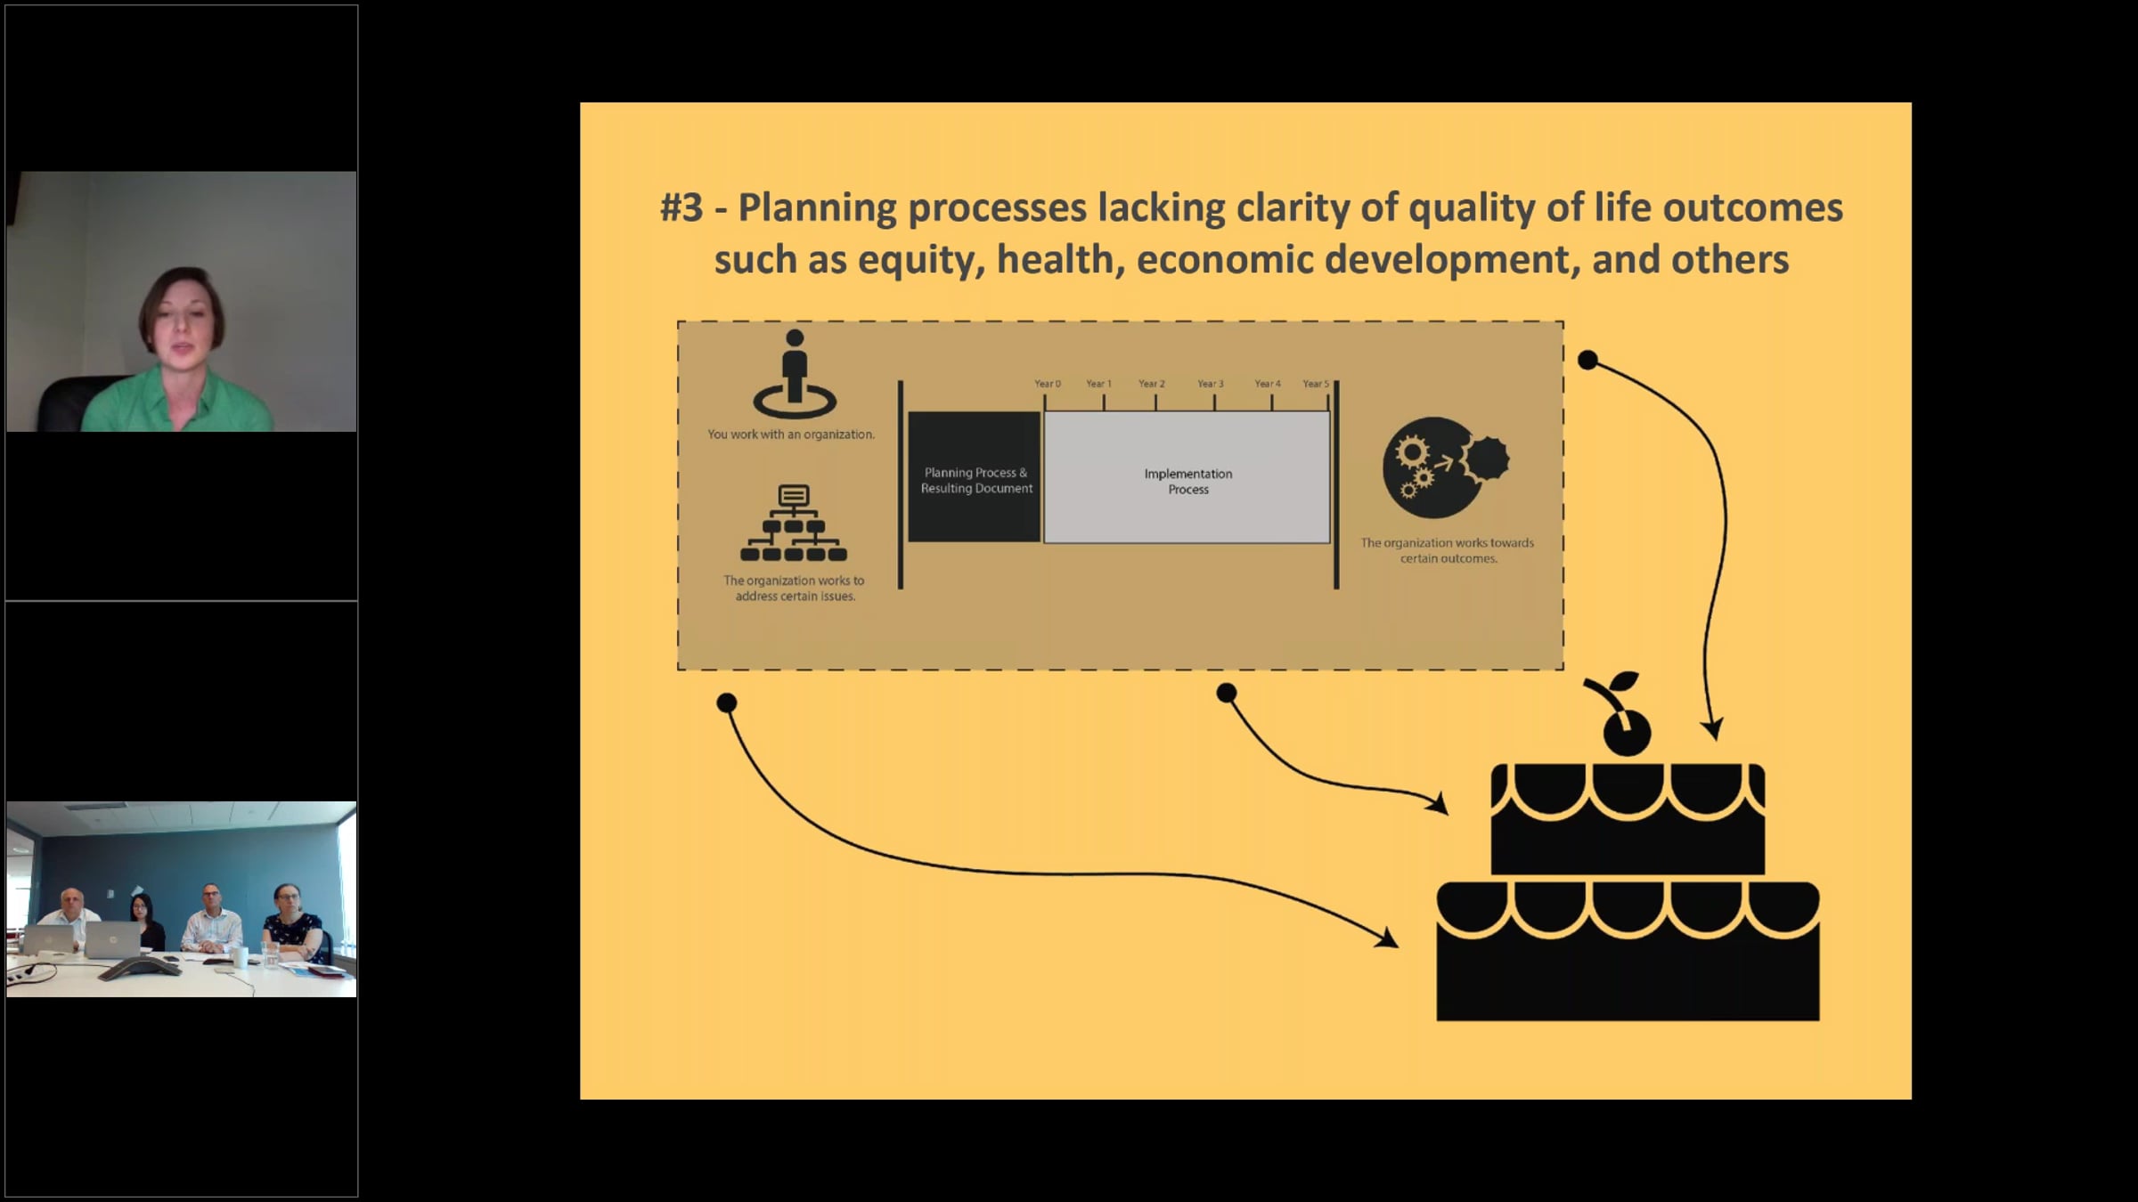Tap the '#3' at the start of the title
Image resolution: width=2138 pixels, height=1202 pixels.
[681, 208]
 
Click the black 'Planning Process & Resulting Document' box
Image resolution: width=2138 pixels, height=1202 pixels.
[975, 478]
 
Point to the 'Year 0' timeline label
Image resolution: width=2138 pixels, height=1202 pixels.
[1047, 384]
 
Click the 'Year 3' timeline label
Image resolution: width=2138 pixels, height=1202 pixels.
[1210, 384]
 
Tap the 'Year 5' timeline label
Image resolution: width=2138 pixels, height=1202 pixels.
[1315, 384]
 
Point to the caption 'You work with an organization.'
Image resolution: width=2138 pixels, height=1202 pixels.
[791, 435]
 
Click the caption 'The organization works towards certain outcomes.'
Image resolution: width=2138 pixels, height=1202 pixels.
[1447, 550]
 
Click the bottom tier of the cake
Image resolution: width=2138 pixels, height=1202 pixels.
[1627, 953]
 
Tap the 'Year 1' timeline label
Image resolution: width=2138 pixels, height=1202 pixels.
[1098, 384]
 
